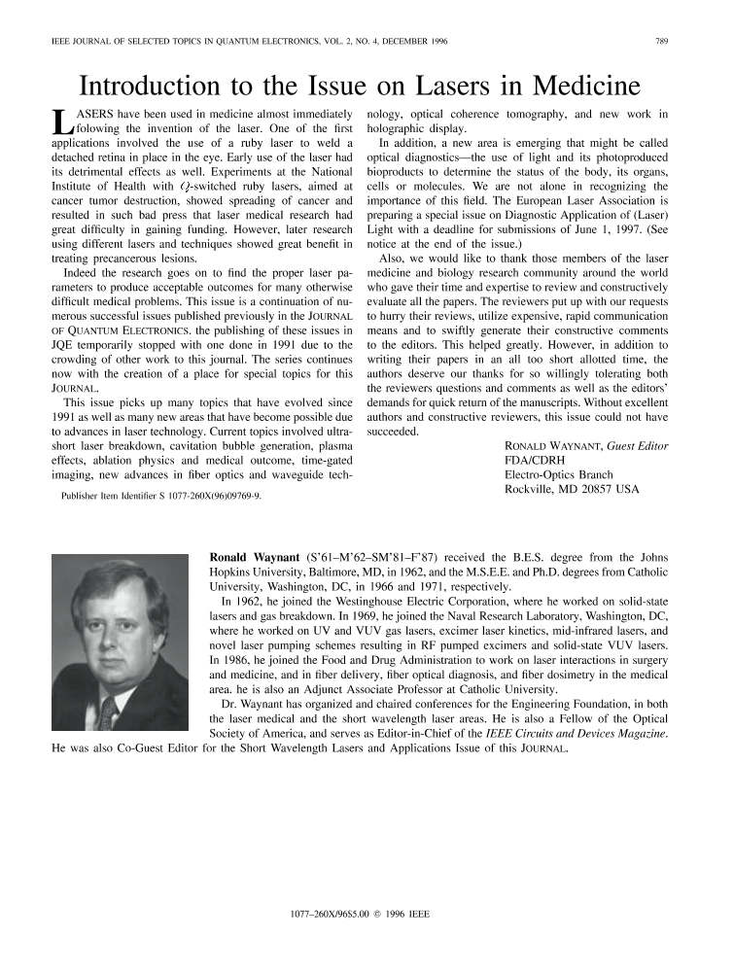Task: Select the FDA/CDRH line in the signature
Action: [x=534, y=458]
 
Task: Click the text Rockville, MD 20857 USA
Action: [x=573, y=489]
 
